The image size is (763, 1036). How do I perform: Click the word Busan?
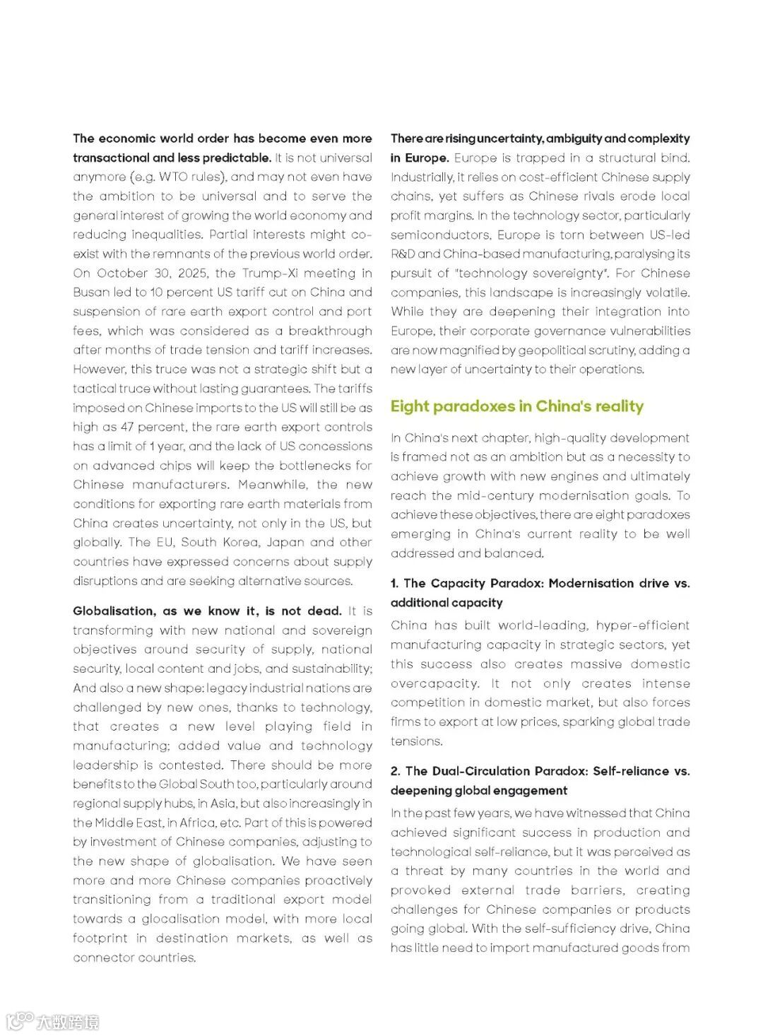coord(90,293)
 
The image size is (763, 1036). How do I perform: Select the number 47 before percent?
coord(127,428)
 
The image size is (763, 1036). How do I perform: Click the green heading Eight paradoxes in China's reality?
coord(517,406)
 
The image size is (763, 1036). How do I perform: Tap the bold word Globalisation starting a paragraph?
coord(114,611)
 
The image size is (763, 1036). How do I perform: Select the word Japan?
coord(286,543)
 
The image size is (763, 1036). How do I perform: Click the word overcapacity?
coord(434,684)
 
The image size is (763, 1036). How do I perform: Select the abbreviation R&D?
coord(403,254)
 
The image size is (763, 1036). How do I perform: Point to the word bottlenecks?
coord(313,466)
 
